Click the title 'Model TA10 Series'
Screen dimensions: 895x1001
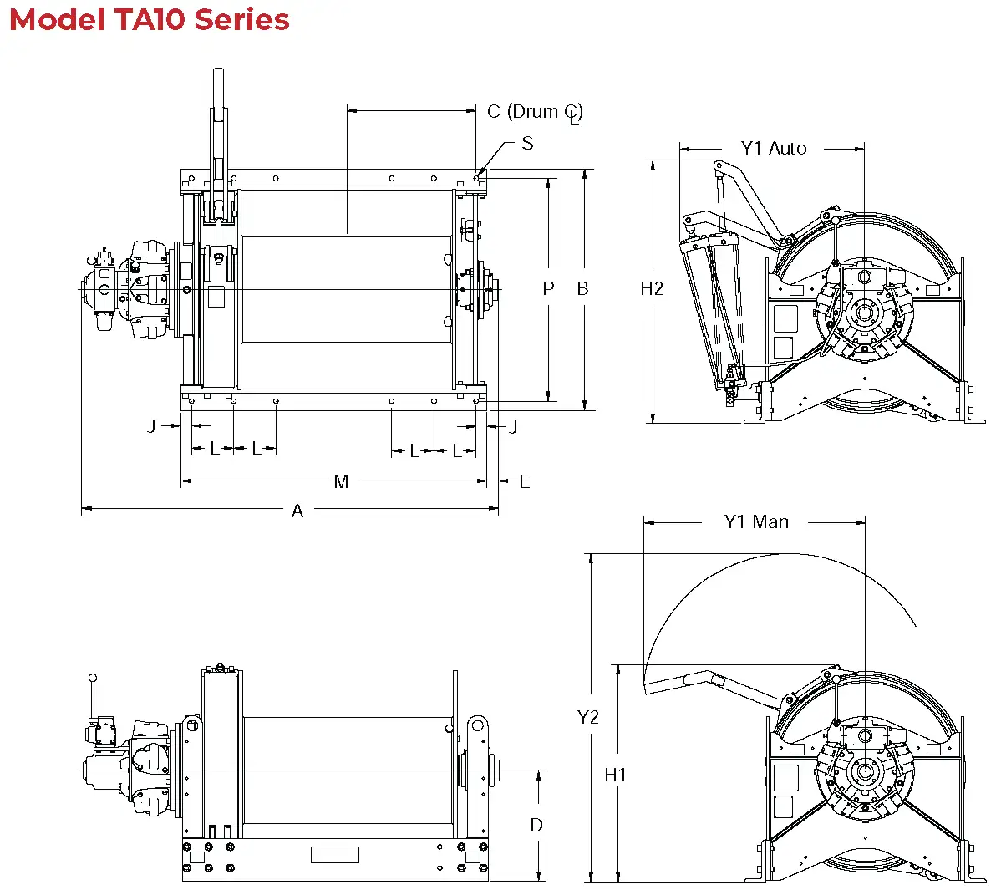tap(150, 19)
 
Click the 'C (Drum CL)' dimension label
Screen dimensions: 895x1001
tap(535, 112)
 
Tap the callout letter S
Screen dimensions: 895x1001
tap(527, 143)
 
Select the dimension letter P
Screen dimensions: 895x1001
tap(548, 288)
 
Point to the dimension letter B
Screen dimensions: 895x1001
tap(583, 288)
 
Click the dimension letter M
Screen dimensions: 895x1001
tap(341, 481)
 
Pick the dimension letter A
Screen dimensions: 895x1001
tap(297, 511)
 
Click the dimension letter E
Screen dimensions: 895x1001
tap(525, 481)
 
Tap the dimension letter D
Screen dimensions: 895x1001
tap(536, 825)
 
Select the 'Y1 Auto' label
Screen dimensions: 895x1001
tap(774, 149)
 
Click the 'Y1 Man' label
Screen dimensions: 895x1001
tap(756, 522)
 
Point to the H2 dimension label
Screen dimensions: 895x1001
tap(652, 288)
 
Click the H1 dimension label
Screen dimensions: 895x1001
tap(615, 775)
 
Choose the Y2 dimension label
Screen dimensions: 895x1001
tap(588, 717)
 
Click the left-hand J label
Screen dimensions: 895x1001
tap(151, 426)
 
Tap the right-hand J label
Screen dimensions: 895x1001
tap(513, 426)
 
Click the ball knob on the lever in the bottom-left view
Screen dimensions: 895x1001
tap(93, 678)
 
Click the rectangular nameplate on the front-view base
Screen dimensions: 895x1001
tap(334, 854)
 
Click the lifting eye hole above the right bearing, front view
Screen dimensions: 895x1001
tap(478, 725)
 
